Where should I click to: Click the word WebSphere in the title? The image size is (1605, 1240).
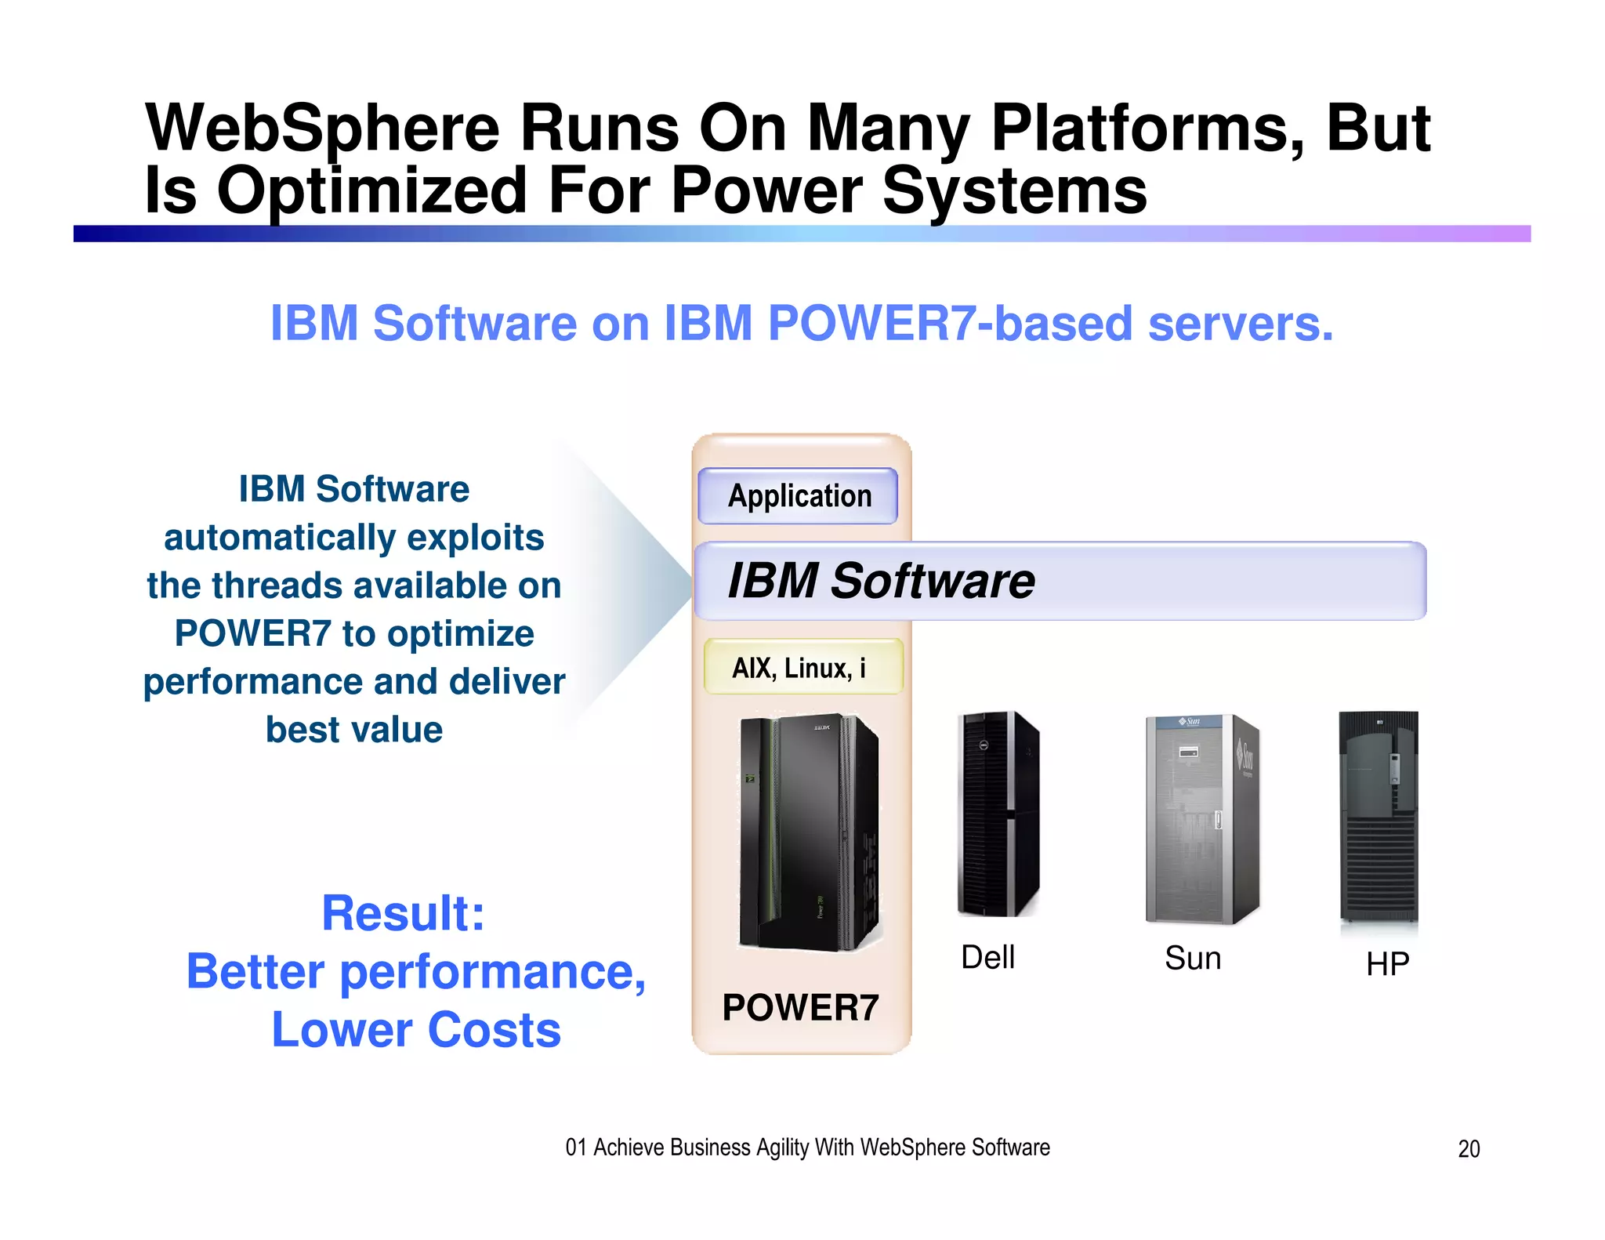pyautogui.click(x=322, y=129)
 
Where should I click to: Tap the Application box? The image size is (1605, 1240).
pyautogui.click(x=799, y=496)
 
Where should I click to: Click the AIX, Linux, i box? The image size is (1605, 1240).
pyautogui.click(x=802, y=668)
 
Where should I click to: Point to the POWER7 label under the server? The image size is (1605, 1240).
pyautogui.click(x=800, y=1008)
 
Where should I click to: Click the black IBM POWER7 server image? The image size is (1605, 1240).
pyautogui.click(x=810, y=832)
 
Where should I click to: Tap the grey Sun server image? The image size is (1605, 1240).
pyautogui.click(x=1202, y=819)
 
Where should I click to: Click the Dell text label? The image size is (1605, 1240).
pyautogui.click(x=987, y=958)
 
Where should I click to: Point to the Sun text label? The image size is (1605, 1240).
pyautogui.click(x=1193, y=959)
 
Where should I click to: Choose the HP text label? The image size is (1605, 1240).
pyautogui.click(x=1387, y=964)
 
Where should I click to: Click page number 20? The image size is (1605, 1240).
pyautogui.click(x=1469, y=1149)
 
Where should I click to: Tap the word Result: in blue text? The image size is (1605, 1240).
pyautogui.click(x=404, y=914)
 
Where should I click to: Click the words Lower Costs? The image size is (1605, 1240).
pyautogui.click(x=416, y=1030)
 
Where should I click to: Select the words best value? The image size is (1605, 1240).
pyautogui.click(x=354, y=730)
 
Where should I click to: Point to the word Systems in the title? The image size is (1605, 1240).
pyautogui.click(x=1015, y=191)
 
